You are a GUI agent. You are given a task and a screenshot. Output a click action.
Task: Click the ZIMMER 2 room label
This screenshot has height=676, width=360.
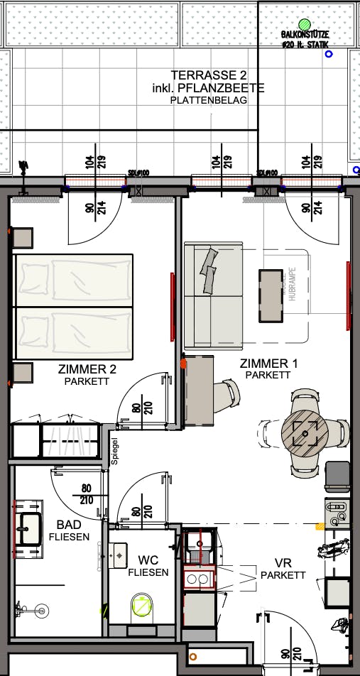(x=87, y=369)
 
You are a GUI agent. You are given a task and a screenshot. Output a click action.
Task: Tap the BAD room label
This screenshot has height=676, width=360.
(x=69, y=524)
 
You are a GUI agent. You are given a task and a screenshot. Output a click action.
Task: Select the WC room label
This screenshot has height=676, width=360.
(x=148, y=560)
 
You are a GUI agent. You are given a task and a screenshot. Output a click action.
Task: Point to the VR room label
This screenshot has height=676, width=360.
(x=283, y=562)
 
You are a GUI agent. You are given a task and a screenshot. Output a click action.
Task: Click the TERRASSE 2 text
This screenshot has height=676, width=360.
(x=209, y=75)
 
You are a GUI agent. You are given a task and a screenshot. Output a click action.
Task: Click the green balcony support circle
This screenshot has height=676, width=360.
(x=305, y=24)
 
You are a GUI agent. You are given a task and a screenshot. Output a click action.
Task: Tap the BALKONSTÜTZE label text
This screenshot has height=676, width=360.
(x=305, y=35)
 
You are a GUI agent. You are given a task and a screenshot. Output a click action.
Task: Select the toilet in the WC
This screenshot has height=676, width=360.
(x=143, y=608)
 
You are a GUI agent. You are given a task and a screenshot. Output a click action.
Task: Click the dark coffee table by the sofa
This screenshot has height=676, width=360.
(x=271, y=294)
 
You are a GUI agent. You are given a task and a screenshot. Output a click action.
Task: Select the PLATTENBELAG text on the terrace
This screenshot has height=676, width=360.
(x=209, y=101)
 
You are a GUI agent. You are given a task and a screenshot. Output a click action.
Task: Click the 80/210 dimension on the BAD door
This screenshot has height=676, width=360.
(x=86, y=494)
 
